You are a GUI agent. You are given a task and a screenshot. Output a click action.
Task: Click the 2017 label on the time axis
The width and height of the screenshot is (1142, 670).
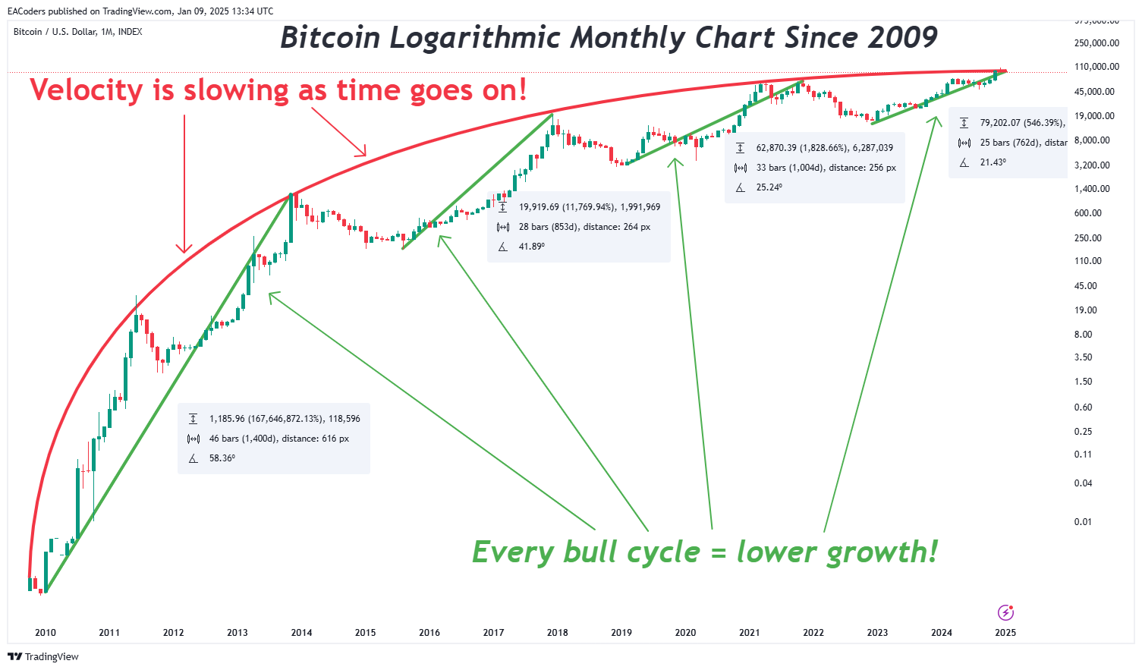click(x=493, y=633)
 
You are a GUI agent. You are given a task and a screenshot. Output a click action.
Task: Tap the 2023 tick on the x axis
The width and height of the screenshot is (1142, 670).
click(x=877, y=633)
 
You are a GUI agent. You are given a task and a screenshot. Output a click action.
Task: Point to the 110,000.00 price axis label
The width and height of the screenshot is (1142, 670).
click(x=1096, y=67)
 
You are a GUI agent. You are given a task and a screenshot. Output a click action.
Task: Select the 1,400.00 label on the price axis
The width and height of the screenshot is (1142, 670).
click(x=1093, y=189)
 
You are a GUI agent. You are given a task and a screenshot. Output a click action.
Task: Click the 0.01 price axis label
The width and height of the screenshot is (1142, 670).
click(x=1083, y=522)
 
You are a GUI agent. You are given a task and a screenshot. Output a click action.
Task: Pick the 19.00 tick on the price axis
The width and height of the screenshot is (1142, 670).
click(x=1086, y=310)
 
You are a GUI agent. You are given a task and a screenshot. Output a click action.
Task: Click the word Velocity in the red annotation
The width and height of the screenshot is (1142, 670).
click(x=87, y=90)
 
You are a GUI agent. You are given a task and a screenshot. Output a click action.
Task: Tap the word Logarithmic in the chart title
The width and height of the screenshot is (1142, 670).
click(x=475, y=37)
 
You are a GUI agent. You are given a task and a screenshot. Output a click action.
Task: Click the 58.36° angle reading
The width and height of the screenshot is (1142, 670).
click(x=222, y=458)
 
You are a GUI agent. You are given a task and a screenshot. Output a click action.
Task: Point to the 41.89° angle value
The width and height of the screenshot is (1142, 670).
click(x=532, y=247)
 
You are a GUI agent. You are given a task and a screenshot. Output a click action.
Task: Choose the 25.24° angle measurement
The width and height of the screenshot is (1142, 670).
click(x=769, y=187)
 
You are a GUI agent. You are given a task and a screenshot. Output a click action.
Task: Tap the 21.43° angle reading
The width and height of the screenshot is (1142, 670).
click(x=993, y=162)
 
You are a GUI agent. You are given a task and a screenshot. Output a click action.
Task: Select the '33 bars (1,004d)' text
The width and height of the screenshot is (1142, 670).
click(x=789, y=168)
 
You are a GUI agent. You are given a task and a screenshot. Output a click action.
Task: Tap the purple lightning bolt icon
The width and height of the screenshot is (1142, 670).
click(x=1005, y=612)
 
